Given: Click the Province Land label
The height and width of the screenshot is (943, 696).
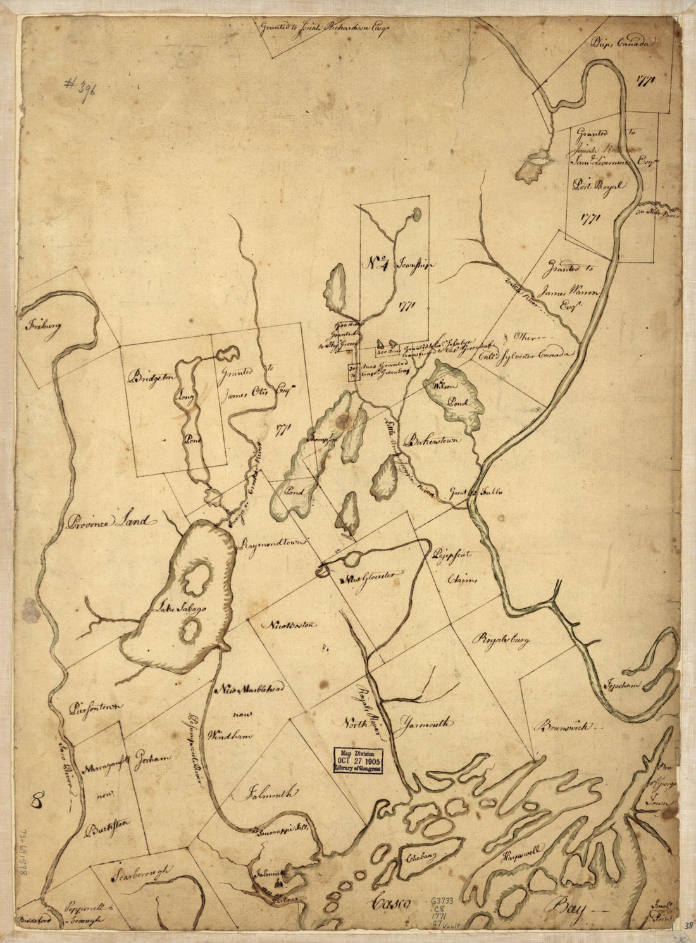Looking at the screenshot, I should (108, 522).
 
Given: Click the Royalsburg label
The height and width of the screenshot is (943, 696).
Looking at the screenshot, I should (499, 640).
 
